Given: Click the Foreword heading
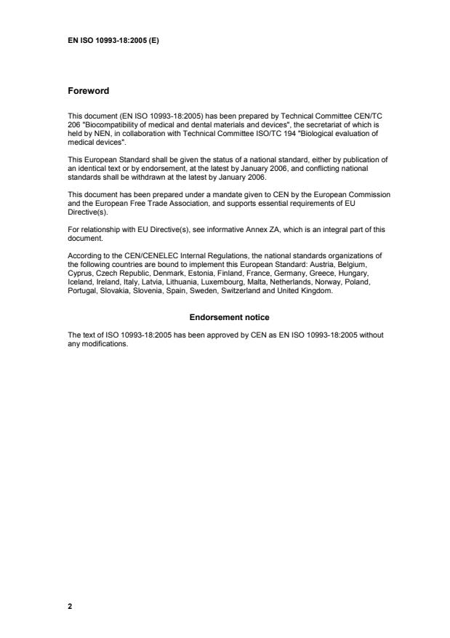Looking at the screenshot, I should click(88, 91).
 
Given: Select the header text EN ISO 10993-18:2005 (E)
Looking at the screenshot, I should click(113, 41).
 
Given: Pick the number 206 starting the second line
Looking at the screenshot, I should click(73, 123).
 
